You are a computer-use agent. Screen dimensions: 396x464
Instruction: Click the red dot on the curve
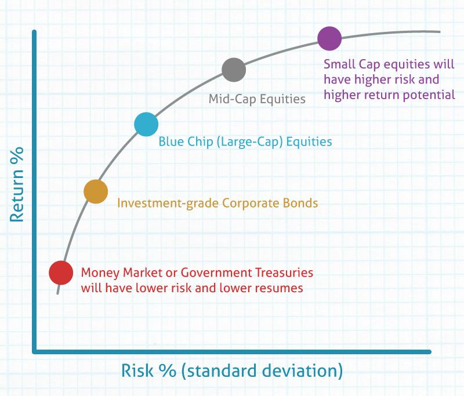(x=61, y=273)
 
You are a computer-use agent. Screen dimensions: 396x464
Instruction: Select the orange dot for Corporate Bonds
(x=96, y=192)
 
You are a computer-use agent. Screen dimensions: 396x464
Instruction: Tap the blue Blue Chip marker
(x=146, y=124)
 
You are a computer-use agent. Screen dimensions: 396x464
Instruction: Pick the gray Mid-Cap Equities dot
(x=234, y=70)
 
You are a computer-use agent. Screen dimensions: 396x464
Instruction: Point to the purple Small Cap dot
(x=329, y=39)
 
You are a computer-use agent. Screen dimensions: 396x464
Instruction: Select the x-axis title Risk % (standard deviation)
(x=232, y=371)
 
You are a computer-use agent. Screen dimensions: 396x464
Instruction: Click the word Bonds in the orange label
(x=303, y=204)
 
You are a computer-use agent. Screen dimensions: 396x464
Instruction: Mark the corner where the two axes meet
(x=35, y=351)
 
